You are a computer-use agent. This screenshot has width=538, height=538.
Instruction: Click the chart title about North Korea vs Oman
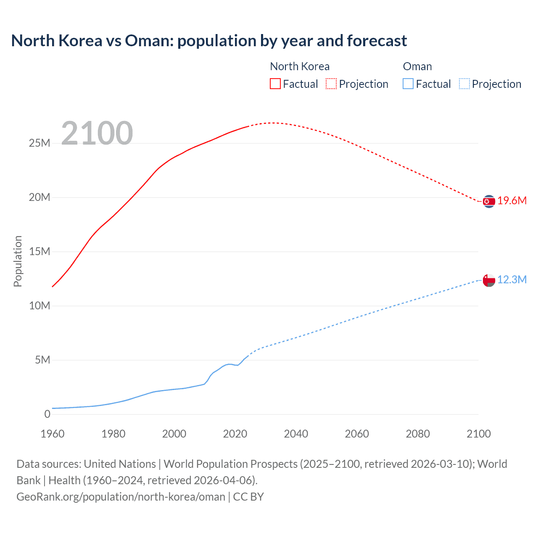pos(209,41)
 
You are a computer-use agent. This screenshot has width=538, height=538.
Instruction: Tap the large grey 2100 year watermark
pos(97,133)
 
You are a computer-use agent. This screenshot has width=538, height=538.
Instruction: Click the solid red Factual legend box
pos(275,84)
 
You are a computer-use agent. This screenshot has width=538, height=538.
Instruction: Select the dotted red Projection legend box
pos(331,84)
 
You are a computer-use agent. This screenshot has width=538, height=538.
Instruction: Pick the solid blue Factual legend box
pos(408,84)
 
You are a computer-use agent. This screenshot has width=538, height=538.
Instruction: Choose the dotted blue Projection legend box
pos(464,84)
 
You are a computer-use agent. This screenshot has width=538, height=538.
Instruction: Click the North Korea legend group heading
pos(300,66)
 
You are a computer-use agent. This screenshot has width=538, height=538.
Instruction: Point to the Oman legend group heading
pos(417,66)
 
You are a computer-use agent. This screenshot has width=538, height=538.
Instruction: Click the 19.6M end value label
pos(512,201)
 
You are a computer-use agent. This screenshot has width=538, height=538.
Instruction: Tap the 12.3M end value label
pos(512,280)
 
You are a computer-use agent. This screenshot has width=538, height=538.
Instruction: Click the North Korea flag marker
pos(489,202)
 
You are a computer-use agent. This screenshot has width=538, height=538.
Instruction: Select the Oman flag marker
pos(489,280)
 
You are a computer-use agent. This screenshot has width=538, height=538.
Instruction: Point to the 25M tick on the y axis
pos(40,143)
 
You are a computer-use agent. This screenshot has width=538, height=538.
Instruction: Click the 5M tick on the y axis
pos(42,360)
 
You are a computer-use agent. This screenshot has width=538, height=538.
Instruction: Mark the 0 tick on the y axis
pos(47,414)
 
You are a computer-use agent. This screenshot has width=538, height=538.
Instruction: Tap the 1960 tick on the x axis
pos(53,434)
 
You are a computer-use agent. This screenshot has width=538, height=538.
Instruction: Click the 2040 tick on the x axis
pos(296,434)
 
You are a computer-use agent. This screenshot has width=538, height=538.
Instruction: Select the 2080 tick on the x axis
pos(418,434)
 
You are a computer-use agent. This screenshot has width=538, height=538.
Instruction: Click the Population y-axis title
pos(18,261)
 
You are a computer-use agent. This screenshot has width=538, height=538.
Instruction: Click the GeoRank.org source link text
pos(121,497)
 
